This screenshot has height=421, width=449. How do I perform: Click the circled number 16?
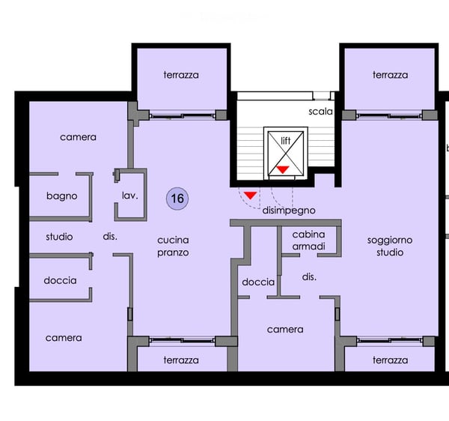(x=177, y=199)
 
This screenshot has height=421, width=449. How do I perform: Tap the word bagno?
(x=62, y=196)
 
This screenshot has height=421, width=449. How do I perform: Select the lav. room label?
(x=129, y=196)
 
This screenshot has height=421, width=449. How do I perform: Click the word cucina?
(x=173, y=240)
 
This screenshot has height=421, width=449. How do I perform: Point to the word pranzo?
(x=173, y=252)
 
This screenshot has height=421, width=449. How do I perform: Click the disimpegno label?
(x=289, y=210)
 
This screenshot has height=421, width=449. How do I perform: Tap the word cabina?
(x=308, y=234)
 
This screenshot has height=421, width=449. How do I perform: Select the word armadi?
(x=308, y=246)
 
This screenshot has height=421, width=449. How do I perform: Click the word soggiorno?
(x=390, y=240)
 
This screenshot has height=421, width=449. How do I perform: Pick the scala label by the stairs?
(x=321, y=111)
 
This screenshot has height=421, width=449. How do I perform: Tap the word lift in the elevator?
(x=286, y=140)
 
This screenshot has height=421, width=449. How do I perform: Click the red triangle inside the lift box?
(x=283, y=169)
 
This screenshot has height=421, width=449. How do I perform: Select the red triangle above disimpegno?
(x=250, y=196)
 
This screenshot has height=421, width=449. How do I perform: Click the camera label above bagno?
(x=78, y=137)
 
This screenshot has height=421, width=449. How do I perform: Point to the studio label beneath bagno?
(x=59, y=237)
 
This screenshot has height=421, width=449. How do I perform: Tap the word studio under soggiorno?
(x=390, y=252)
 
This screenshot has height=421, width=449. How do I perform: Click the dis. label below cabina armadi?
(x=309, y=277)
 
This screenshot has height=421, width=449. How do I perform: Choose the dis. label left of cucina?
(x=110, y=237)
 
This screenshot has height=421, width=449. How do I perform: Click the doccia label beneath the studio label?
(x=60, y=280)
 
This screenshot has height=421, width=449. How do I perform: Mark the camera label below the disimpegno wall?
(x=285, y=330)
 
